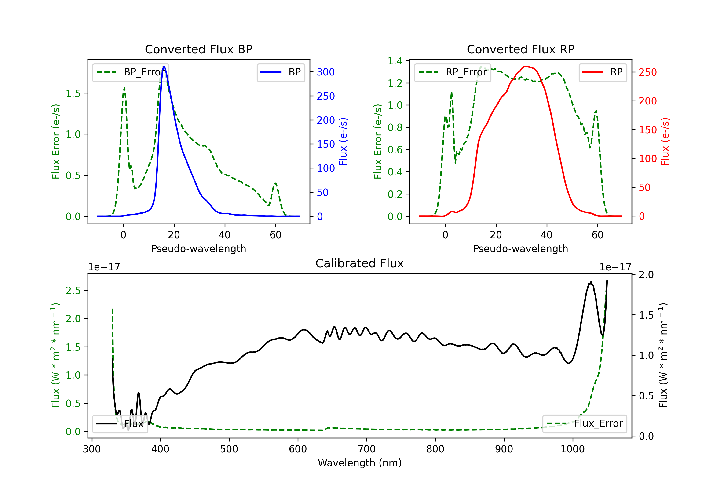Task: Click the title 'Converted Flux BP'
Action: (198, 49)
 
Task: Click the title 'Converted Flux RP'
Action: (520, 49)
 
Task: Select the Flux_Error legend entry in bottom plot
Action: (585, 424)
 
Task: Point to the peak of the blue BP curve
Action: (164, 67)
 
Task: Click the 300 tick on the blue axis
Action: (326, 72)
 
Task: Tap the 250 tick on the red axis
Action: (647, 72)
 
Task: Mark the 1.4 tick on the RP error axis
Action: (395, 61)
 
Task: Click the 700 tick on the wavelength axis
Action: (367, 449)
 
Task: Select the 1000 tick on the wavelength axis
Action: (573, 449)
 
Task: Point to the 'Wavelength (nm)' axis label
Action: (360, 463)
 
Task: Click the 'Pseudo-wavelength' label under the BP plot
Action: (198, 249)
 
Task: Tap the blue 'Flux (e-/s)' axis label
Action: (343, 142)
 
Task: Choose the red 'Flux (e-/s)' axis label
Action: (665, 142)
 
